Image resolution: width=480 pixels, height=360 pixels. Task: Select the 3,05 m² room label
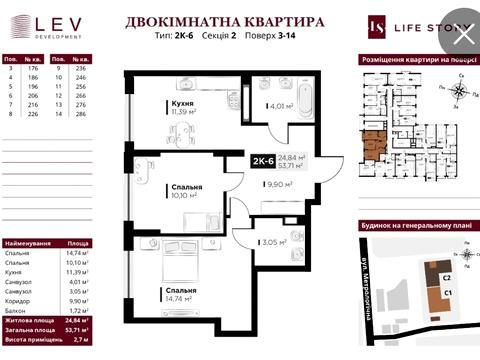click(x=274, y=241)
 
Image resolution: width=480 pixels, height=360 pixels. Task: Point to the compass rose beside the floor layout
click(x=455, y=90)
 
